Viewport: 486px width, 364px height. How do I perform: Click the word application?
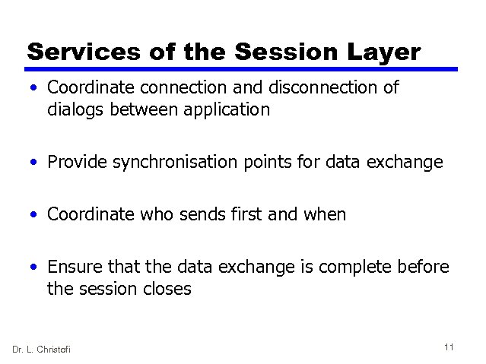click(x=228, y=110)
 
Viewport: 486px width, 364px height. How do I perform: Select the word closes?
click(x=167, y=289)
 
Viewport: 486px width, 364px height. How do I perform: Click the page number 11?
click(x=449, y=347)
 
